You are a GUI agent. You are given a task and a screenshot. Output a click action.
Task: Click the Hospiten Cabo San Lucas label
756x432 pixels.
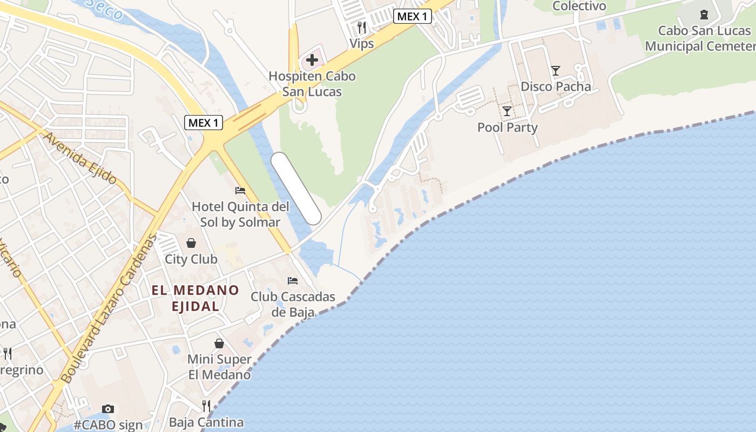(312, 84)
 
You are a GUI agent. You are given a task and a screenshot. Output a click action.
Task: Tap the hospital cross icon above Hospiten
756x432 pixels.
(312, 60)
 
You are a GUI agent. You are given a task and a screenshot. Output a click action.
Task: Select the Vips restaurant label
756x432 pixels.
(362, 43)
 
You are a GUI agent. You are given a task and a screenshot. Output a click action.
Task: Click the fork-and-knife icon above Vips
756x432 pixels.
(362, 26)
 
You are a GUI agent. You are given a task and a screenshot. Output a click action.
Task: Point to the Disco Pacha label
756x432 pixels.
(556, 86)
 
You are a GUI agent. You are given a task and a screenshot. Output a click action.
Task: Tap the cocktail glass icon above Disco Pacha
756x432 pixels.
(555, 70)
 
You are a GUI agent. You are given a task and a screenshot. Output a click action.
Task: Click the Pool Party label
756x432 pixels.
(508, 127)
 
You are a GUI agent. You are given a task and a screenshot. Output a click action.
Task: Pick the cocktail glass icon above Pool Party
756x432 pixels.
(507, 111)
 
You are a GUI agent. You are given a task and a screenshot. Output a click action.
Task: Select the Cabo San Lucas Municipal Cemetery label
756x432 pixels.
(702, 38)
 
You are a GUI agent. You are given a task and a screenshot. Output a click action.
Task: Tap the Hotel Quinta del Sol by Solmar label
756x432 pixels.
(240, 214)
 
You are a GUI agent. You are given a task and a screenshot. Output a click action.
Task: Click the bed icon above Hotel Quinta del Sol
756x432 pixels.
(240, 191)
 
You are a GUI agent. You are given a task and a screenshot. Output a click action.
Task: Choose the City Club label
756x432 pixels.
(191, 259)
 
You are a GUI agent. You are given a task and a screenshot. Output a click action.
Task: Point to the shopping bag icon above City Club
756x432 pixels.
(191, 243)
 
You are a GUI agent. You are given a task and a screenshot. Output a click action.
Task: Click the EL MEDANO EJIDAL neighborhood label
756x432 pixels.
(195, 298)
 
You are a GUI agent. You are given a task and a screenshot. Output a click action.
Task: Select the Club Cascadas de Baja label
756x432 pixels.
(293, 304)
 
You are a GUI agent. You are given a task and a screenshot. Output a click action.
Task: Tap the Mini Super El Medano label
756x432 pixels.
(219, 367)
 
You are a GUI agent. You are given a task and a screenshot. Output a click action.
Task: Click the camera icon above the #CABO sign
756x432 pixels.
(108, 409)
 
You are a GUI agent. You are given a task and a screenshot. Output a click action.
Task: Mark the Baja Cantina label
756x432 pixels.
(206, 422)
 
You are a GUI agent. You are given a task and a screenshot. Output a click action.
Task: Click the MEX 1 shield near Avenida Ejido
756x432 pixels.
(204, 123)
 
